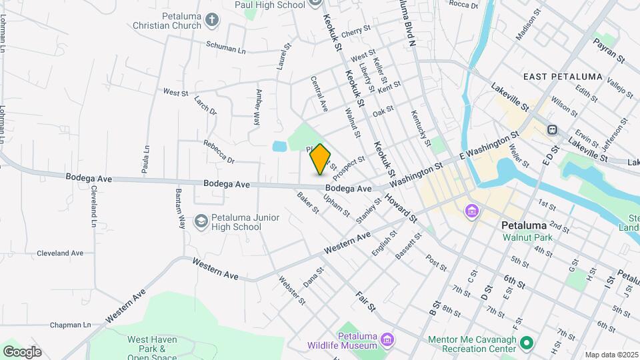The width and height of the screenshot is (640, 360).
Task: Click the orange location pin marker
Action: (x=320, y=159)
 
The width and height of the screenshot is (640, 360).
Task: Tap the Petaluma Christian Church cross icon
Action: (x=212, y=20)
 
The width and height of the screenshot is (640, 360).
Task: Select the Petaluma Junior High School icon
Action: (x=201, y=221)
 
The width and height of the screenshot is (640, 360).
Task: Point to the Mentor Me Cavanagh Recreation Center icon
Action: (x=527, y=343)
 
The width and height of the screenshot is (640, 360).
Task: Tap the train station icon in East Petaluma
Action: (x=552, y=129)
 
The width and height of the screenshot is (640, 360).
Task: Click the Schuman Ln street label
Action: (x=226, y=50)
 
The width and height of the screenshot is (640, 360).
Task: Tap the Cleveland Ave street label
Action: (x=60, y=253)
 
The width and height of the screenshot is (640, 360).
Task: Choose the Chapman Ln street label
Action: (x=70, y=325)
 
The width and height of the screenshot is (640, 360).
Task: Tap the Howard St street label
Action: (x=405, y=209)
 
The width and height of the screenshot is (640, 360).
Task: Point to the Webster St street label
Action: (x=292, y=291)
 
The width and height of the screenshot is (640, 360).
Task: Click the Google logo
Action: (x=22, y=351)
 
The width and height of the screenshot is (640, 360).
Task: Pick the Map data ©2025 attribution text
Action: (x=611, y=355)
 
